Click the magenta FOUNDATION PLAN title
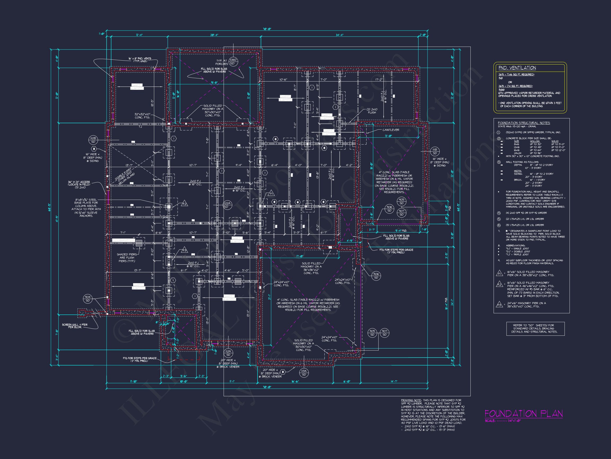[x=523, y=414]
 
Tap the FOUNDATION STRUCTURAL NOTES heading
[x=524, y=123]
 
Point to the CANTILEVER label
[x=391, y=130]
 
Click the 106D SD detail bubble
[x=233, y=61]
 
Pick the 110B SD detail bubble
[x=93, y=140]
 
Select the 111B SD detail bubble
[x=435, y=151]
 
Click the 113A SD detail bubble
[x=304, y=373]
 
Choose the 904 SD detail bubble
[x=88, y=299]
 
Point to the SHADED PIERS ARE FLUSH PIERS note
[x=126, y=258]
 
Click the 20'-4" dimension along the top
[x=214, y=35]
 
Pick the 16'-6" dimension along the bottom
[x=295, y=381]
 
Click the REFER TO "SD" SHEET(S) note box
[x=535, y=328]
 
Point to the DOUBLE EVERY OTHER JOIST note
[x=125, y=177]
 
